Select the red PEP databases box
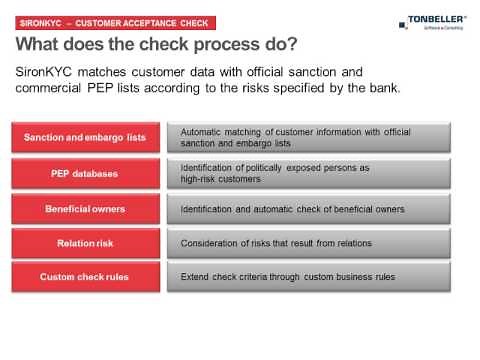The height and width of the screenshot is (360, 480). pos(86,173)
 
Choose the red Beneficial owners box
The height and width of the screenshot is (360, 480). pos(86,209)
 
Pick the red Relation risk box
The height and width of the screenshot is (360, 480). pos(86,243)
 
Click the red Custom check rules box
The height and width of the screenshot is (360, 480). pos(86,277)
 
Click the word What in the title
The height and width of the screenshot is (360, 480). pos(47,47)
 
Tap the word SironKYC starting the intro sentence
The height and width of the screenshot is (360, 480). pos(51,73)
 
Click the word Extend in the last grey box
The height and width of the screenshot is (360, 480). pos(196,277)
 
